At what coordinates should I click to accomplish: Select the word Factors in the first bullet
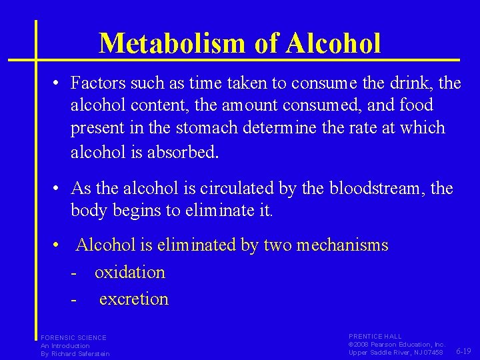[94, 83]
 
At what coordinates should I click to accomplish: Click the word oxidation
[130, 272]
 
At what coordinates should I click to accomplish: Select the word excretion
[134, 299]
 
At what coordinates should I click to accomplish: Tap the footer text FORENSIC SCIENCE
[73, 338]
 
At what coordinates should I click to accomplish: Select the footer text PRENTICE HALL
[375, 337]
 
